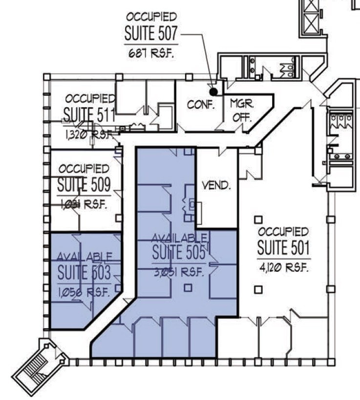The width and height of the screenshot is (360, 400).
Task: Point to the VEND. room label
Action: point(216,186)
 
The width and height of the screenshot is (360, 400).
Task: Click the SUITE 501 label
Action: point(283,248)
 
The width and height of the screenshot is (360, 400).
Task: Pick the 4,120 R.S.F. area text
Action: point(283,268)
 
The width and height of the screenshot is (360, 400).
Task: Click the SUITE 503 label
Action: point(85,273)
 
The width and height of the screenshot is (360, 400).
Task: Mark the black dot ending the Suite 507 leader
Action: point(212,91)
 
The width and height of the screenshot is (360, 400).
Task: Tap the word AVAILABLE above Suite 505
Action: point(179,238)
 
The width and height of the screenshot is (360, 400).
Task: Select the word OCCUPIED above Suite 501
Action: point(283,231)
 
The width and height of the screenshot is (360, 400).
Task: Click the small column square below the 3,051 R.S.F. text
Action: point(188,289)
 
